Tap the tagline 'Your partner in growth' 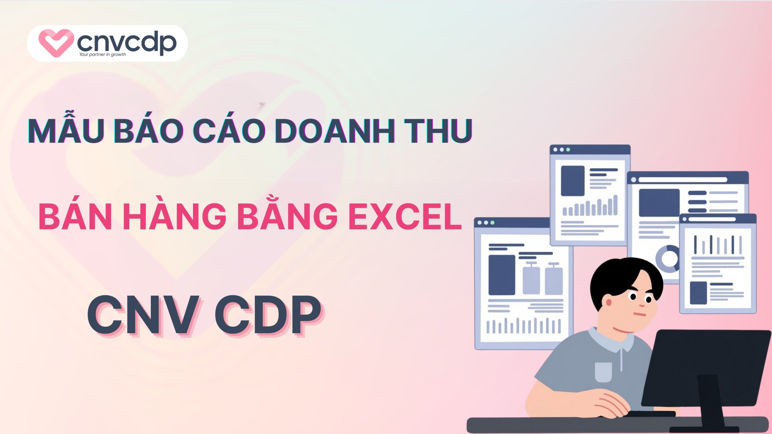103,55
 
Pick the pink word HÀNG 175,215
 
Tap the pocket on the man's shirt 603,372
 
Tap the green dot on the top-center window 568,149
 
